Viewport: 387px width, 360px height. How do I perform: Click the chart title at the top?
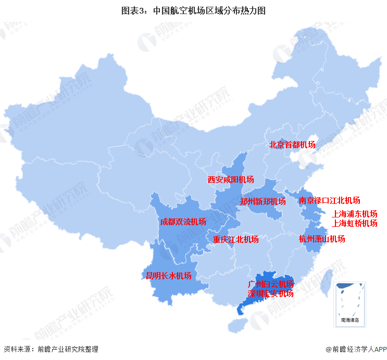tap(193, 10)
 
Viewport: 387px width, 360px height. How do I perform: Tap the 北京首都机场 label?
tap(292, 145)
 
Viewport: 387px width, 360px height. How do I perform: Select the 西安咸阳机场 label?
tap(231, 179)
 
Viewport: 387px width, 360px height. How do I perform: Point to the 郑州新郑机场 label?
tap(263, 201)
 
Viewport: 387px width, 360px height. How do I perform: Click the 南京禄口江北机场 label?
tap(329, 200)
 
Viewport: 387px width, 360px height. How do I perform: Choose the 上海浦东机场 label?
tap(354, 214)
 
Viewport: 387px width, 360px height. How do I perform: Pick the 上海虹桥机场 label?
tap(354, 223)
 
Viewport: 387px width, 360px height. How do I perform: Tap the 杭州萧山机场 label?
tap(321, 239)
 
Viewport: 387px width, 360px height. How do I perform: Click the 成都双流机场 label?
tap(183, 222)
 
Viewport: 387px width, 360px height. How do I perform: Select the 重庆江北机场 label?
tap(235, 239)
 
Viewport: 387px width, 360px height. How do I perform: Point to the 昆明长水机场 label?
tap(168, 276)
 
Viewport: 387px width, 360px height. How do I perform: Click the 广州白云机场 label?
tap(270, 284)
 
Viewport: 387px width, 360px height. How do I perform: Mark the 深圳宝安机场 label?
tap(270, 293)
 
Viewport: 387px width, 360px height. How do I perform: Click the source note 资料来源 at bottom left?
tap(51, 350)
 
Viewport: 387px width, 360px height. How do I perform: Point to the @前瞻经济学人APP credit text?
tap(354, 350)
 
